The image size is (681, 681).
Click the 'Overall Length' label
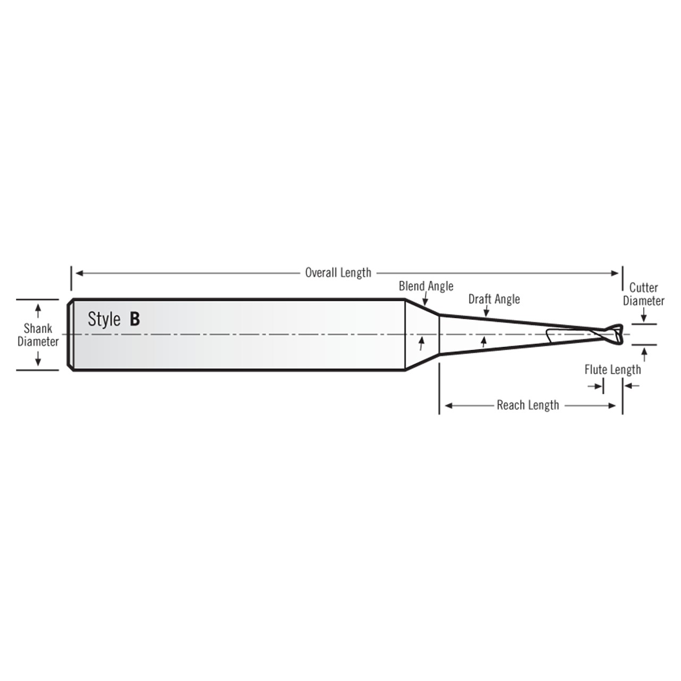[x=338, y=273]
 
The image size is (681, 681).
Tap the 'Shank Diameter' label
[x=38, y=335]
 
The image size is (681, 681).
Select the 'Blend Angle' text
[x=426, y=286]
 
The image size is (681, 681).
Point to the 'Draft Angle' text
[x=494, y=299]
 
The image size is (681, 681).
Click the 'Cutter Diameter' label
[x=643, y=294]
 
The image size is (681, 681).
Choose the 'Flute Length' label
[x=612, y=370]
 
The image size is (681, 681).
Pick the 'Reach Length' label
[x=528, y=405]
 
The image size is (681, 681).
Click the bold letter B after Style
[x=135, y=319]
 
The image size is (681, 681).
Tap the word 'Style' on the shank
[x=104, y=319]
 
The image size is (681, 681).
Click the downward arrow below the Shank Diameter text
[x=38, y=361]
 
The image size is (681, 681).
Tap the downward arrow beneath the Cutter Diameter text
[x=643, y=318]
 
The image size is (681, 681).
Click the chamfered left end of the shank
[x=70, y=335]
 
